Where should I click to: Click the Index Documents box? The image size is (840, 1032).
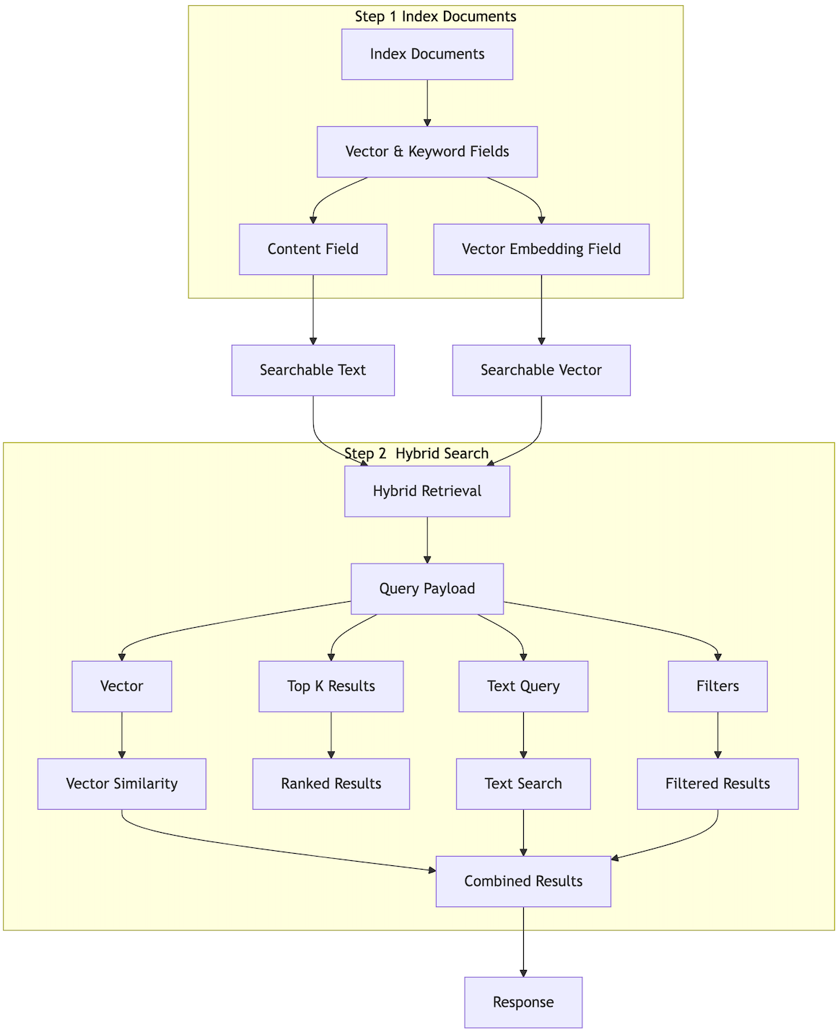tap(427, 54)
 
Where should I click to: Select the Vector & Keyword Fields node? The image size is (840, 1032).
tap(427, 152)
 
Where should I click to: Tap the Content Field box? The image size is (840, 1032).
tap(313, 249)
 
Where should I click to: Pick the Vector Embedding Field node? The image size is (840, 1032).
tap(541, 249)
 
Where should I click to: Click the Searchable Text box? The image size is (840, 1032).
tap(313, 370)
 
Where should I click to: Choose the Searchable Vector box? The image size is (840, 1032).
tap(541, 370)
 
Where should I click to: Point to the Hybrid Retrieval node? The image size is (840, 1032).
tap(427, 491)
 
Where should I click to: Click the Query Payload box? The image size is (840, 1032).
tap(427, 589)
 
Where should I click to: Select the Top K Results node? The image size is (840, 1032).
tap(331, 686)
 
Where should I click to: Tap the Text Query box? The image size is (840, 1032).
tap(523, 686)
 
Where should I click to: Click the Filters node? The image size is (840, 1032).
tap(717, 686)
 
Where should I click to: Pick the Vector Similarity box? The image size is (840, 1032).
tap(122, 784)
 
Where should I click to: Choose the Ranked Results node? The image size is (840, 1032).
tap(331, 784)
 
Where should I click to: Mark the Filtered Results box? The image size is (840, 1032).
tap(717, 784)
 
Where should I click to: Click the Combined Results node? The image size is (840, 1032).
tap(523, 881)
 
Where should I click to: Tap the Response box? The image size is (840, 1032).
tap(523, 1002)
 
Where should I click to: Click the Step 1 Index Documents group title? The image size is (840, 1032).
tap(436, 16)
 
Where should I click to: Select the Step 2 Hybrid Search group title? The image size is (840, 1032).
tap(416, 453)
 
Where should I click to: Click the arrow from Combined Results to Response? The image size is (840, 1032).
tap(523, 942)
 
